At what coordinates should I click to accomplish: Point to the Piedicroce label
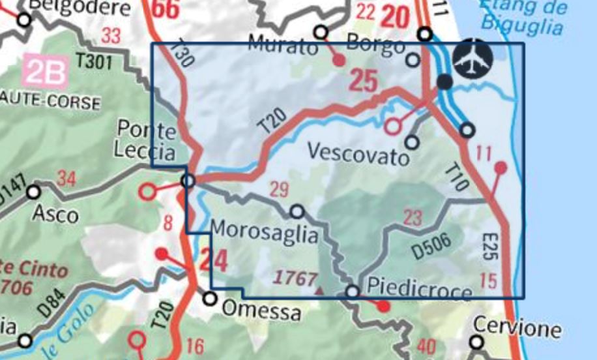(420, 287)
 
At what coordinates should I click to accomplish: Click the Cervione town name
(517, 327)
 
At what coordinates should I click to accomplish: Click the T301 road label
(95, 62)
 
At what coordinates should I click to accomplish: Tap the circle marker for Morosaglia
(297, 212)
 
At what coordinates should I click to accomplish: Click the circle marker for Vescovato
(411, 142)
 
